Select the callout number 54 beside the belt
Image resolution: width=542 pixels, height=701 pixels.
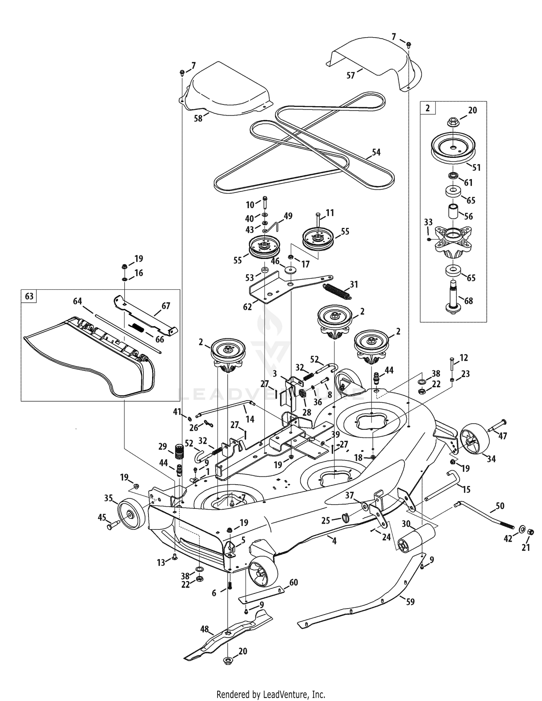pyautogui.click(x=376, y=152)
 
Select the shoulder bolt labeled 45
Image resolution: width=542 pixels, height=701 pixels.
pyautogui.click(x=113, y=525)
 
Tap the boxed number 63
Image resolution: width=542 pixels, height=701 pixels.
pyautogui.click(x=29, y=296)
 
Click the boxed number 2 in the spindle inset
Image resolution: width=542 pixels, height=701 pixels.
pyautogui.click(x=428, y=108)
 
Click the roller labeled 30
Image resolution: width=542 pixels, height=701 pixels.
pyautogui.click(x=415, y=537)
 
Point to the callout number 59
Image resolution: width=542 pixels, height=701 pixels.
pyautogui.click(x=410, y=602)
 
